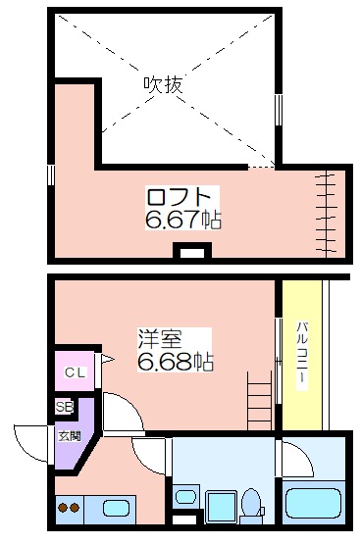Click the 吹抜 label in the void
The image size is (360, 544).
point(163,84)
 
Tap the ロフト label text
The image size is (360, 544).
point(179,197)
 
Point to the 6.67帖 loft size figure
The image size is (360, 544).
point(183,220)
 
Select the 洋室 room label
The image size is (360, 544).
point(161,338)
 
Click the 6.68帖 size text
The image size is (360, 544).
point(176,362)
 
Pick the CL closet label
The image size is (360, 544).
point(75,373)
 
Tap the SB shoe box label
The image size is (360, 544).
point(65,407)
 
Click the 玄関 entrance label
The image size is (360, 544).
point(69,436)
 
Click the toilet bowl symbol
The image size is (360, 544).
point(251,503)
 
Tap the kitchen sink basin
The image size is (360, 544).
point(116,509)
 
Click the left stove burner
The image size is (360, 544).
point(63,508)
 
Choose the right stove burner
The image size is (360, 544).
point(75,508)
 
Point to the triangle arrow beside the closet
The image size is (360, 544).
point(107,359)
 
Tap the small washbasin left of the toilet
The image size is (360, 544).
point(185,497)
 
